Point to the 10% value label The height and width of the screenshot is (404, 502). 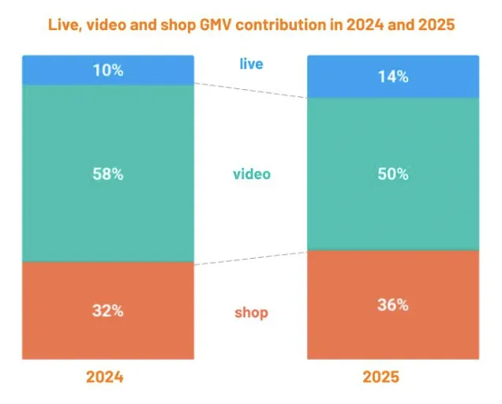(107, 69)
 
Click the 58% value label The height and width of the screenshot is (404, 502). (107, 174)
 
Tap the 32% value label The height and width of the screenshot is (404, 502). (107, 310)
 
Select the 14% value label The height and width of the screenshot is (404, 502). (392, 77)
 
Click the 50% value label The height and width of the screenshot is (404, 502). (392, 174)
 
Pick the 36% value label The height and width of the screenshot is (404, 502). (392, 305)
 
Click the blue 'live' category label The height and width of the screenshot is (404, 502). (251, 63)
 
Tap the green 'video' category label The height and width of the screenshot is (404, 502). (251, 174)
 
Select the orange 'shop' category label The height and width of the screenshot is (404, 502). (251, 313)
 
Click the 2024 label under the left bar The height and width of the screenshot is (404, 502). (105, 377)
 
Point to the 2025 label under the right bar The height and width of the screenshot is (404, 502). (380, 377)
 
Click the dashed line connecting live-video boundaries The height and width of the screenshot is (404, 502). (251, 91)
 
